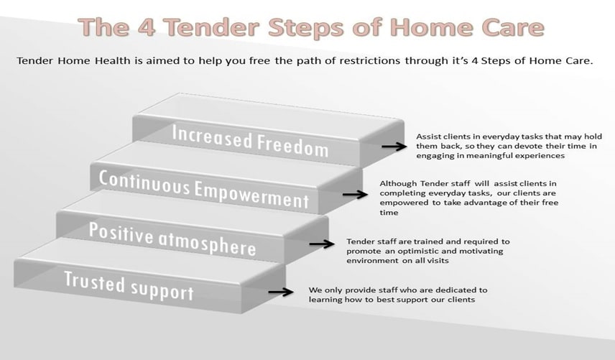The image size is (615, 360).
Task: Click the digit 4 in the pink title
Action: [146, 27]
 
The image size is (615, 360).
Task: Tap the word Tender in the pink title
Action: [211, 27]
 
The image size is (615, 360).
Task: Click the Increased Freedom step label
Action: [250, 140]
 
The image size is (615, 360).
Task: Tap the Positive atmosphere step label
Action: [172, 239]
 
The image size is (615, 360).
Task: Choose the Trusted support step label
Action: [129, 285]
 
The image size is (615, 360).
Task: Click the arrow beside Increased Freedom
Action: [394, 147]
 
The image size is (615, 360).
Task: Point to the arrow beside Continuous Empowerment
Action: [355, 195]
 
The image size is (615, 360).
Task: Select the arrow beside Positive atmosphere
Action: [322, 244]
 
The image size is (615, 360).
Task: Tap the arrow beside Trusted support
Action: [281, 292]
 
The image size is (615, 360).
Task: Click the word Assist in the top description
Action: [426, 137]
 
